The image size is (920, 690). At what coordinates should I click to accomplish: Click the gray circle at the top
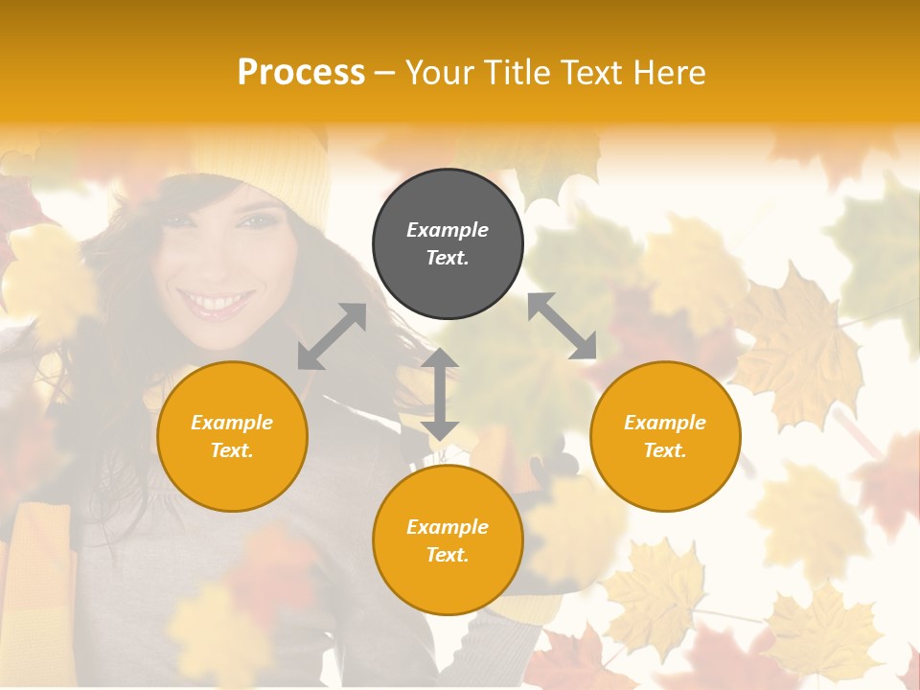pyautogui.click(x=448, y=244)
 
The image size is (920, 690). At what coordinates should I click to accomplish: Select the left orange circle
pyautogui.click(x=232, y=436)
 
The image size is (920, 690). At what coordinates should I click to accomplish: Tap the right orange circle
pyautogui.click(x=665, y=436)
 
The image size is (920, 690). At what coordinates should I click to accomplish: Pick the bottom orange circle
pyautogui.click(x=448, y=540)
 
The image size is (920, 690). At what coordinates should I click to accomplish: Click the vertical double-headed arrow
pyautogui.click(x=440, y=394)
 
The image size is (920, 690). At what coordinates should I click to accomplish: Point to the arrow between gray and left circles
pyautogui.click(x=332, y=336)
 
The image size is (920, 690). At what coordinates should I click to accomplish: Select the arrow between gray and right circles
pyautogui.click(x=562, y=327)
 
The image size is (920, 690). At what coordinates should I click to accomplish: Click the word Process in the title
pyautogui.click(x=301, y=73)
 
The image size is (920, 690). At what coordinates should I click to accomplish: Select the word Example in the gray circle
pyautogui.click(x=448, y=230)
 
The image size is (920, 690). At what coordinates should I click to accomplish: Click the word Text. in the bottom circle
pyautogui.click(x=448, y=555)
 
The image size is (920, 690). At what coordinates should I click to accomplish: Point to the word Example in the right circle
pyautogui.click(x=665, y=423)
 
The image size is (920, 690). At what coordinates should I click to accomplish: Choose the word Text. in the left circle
pyautogui.click(x=232, y=450)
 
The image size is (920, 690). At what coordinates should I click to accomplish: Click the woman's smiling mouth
pyautogui.click(x=215, y=304)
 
